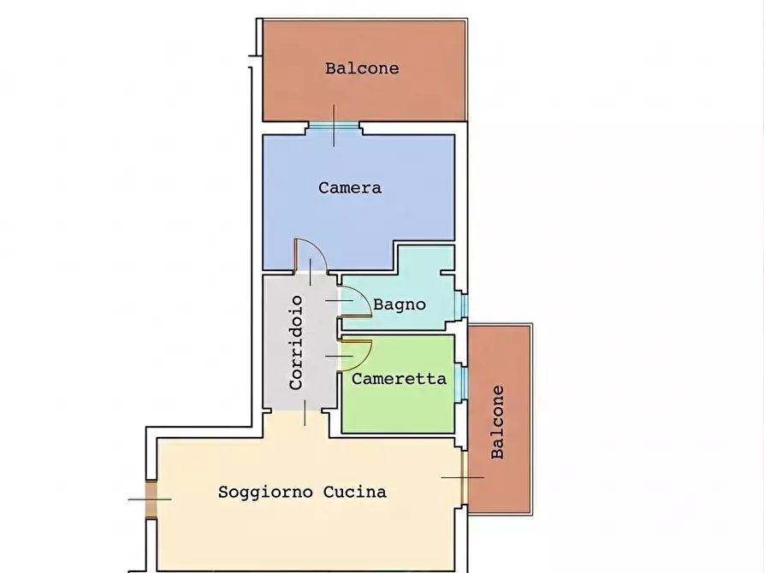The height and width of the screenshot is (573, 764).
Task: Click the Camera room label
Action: coord(350,187)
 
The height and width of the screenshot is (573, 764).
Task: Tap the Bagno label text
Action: coord(400,304)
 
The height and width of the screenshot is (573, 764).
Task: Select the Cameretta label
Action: coord(399,379)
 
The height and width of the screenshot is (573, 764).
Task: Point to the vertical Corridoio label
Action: coord(296,343)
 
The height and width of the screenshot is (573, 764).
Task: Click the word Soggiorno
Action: coord(265,492)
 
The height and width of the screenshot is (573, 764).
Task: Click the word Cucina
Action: coord(355,492)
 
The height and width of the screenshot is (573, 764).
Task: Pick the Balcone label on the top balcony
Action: coord(362,68)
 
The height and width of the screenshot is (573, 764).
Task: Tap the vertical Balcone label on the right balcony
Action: coord(497,422)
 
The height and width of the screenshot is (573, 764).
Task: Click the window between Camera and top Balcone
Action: coord(334,127)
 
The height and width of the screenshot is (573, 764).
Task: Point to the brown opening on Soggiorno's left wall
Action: coord(151,499)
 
